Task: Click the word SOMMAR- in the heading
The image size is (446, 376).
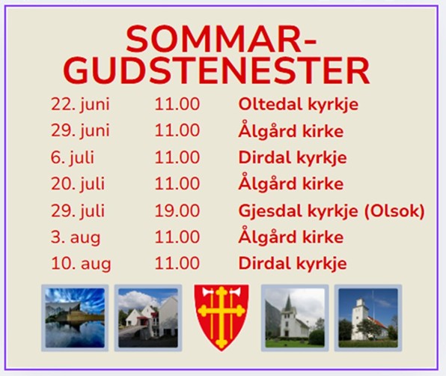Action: (221, 39)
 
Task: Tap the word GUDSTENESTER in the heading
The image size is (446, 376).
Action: (216, 70)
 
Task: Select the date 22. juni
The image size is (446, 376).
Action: (80, 104)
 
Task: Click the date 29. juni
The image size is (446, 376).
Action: (80, 131)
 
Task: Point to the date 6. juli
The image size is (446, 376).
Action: (73, 157)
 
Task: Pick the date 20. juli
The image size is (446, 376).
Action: (78, 184)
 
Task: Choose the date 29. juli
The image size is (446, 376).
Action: (78, 210)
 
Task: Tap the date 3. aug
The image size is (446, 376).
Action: (76, 238)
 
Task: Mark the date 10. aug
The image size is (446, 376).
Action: (81, 264)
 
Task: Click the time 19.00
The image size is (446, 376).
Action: (177, 210)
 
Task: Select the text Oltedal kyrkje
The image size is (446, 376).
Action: (298, 105)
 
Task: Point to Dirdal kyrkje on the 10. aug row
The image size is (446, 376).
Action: (293, 264)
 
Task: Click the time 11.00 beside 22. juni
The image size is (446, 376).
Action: (177, 104)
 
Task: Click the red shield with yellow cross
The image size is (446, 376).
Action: (222, 318)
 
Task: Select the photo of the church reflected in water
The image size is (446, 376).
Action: (75, 318)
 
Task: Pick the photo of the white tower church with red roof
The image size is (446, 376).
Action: (367, 318)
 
